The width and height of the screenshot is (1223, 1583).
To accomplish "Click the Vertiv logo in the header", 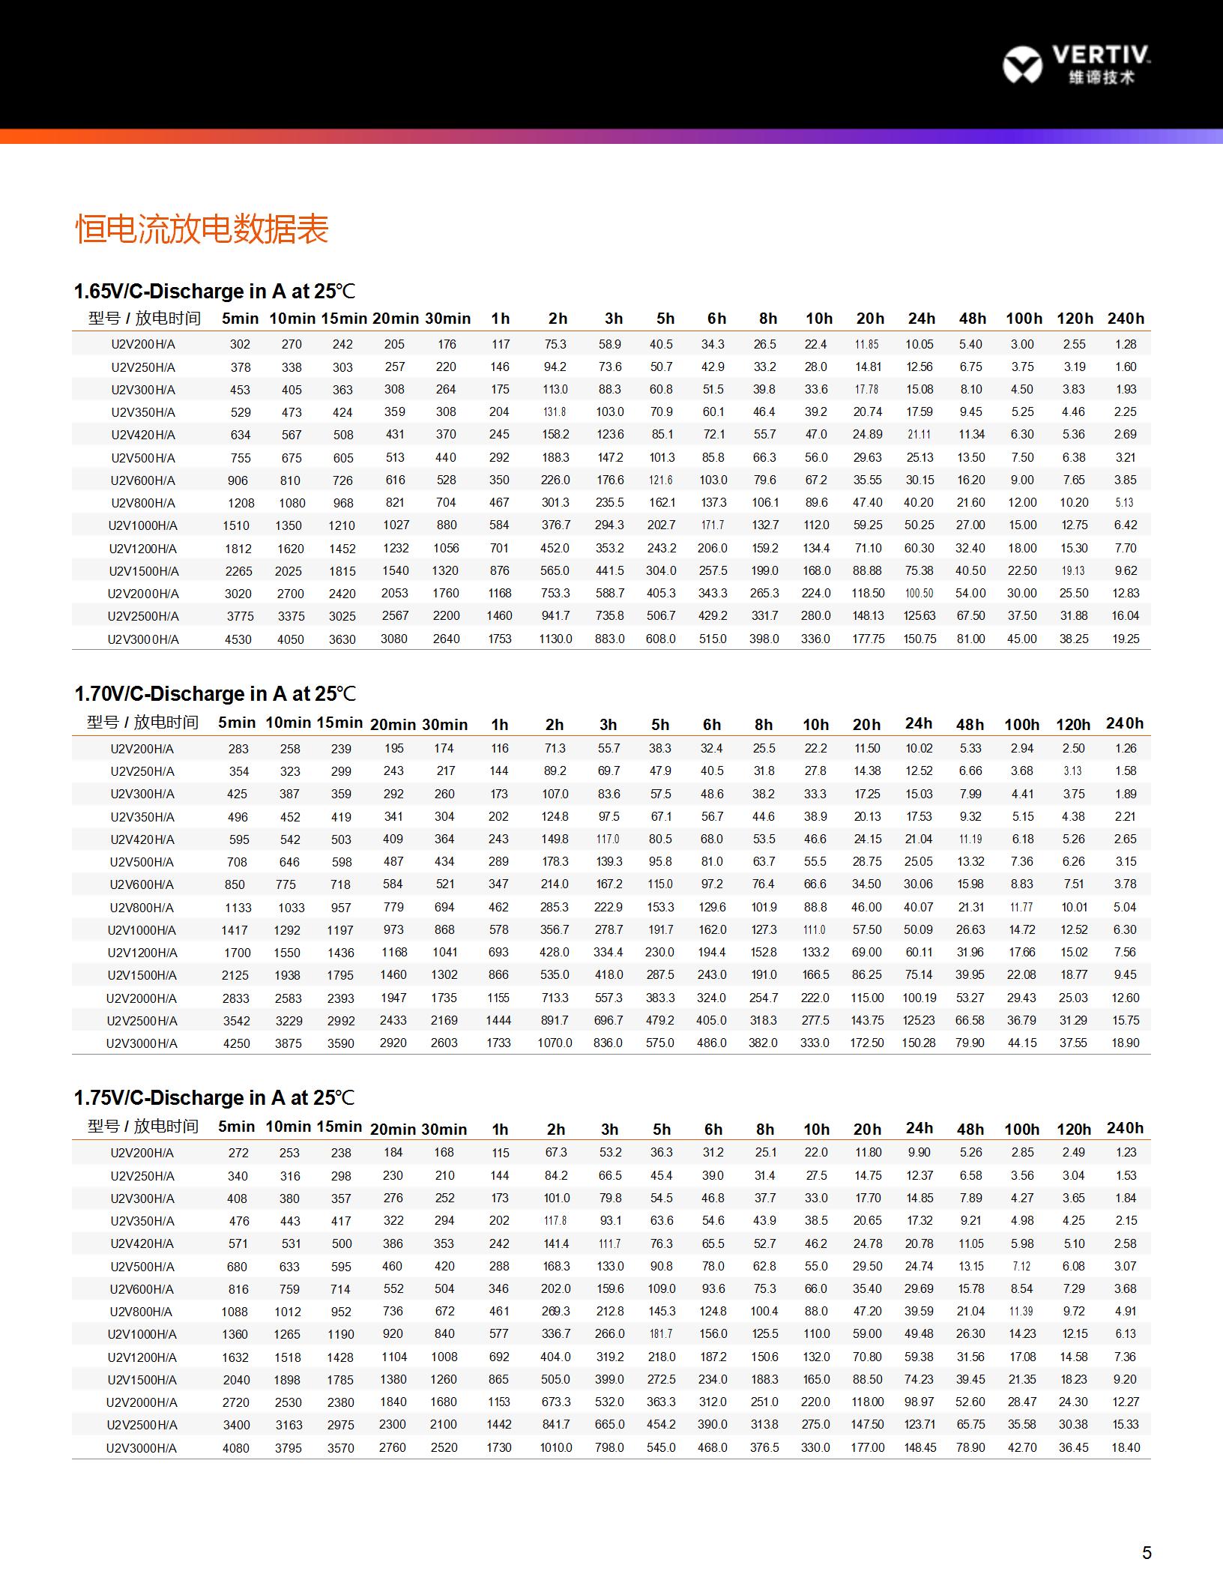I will (x=1075, y=64).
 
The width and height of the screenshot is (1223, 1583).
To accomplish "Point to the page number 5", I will (x=1147, y=1552).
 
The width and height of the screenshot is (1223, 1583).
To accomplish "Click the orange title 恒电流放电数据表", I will (x=202, y=229).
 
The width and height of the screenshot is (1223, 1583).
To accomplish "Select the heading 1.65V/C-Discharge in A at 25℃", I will (x=214, y=292).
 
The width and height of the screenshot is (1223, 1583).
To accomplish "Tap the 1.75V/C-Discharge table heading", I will (x=214, y=1098).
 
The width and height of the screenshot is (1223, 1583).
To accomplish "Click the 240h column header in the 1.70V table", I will (x=1125, y=723).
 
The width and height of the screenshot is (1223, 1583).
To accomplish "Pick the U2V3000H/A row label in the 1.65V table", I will (x=143, y=639).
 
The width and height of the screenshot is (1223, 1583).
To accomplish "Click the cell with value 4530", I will (x=238, y=639).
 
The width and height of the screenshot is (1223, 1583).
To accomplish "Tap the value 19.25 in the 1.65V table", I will (x=1126, y=639).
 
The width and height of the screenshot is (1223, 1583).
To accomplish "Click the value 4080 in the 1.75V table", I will (x=236, y=1448).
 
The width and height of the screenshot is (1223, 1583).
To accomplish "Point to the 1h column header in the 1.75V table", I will (x=500, y=1130).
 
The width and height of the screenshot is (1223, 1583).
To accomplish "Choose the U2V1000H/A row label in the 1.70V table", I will (x=142, y=930).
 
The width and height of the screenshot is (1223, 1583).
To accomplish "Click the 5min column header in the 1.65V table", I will (x=240, y=319).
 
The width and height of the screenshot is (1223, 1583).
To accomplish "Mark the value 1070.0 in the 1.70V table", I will (x=555, y=1043).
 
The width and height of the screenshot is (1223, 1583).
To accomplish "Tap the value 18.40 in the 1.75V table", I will (x=1126, y=1447).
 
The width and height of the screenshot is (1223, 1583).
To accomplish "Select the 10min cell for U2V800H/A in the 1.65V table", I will (x=292, y=503).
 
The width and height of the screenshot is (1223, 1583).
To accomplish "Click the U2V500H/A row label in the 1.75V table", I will (x=142, y=1267).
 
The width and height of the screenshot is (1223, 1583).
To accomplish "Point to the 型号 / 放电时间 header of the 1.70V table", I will (x=142, y=723).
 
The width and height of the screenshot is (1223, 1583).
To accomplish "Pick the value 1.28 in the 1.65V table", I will (x=1126, y=344).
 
